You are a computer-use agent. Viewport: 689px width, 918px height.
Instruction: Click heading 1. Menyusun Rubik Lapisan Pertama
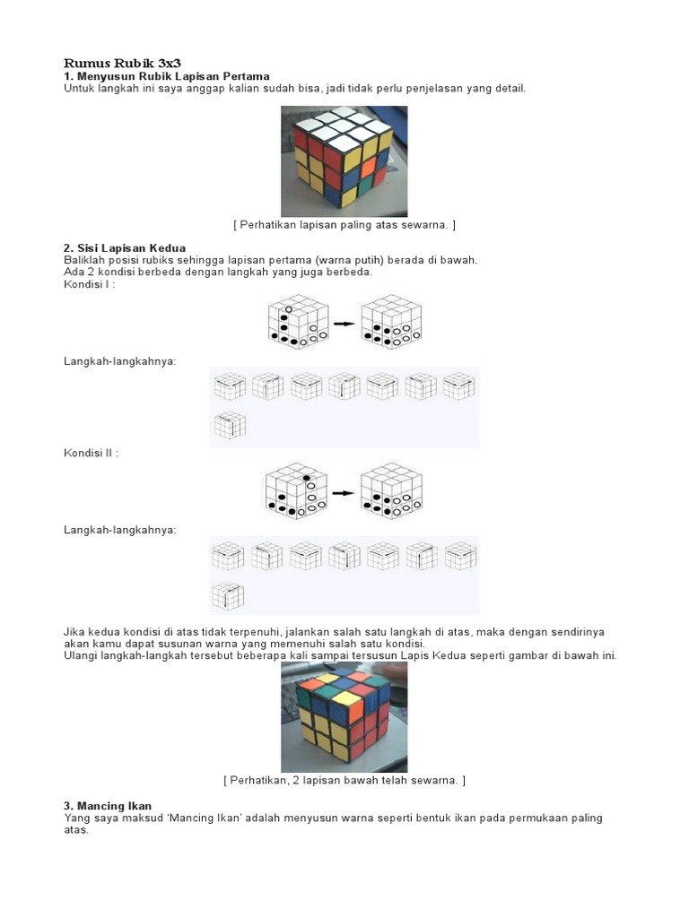pos(166,76)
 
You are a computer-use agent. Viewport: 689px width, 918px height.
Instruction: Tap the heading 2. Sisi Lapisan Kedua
pos(137,247)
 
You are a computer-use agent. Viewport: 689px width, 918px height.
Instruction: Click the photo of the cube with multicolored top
pos(344,716)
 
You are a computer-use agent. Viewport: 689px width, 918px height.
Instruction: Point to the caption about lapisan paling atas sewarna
pos(344,224)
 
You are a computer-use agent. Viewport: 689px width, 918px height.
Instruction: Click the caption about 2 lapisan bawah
pos(344,781)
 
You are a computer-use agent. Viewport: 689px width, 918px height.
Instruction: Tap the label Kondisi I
pos(89,284)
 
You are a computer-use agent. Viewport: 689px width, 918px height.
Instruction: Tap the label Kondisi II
pos(91,453)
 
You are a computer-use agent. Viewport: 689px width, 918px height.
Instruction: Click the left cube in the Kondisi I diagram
pos(297,321)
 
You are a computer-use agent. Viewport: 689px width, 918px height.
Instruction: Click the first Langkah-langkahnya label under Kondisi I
pos(119,360)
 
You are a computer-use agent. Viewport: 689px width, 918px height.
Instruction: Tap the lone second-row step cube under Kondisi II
pos(229,596)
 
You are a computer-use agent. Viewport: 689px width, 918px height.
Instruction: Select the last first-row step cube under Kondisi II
pos(460,556)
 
